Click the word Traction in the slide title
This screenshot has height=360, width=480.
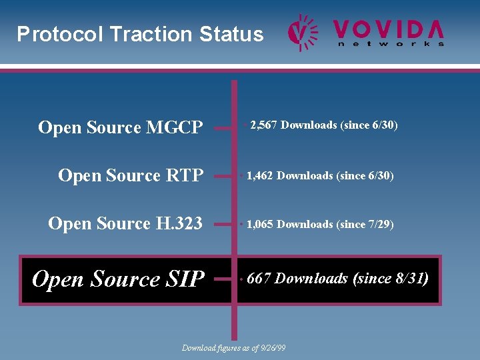(x=150, y=34)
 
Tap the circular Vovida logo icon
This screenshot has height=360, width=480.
(x=303, y=33)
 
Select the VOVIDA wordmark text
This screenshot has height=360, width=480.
(x=388, y=28)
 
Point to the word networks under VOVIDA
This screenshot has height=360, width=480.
(x=391, y=44)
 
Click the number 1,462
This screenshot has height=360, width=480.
(x=260, y=176)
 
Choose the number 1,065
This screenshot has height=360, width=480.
(x=260, y=225)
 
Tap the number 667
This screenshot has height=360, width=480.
(x=259, y=279)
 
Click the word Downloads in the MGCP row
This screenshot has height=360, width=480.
(x=309, y=125)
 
